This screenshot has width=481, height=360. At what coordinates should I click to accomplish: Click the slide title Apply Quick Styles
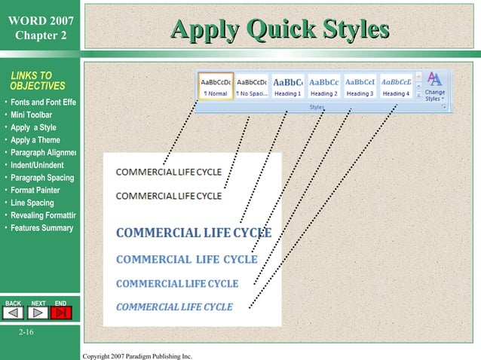pyautogui.click(x=280, y=30)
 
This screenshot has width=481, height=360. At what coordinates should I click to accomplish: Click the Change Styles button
pyautogui.click(x=435, y=87)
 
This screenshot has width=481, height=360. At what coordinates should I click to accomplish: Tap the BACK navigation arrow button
pyautogui.click(x=14, y=313)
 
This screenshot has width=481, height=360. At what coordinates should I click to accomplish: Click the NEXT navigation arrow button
pyautogui.click(x=38, y=313)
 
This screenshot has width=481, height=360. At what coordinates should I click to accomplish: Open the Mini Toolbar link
pyautogui.click(x=31, y=114)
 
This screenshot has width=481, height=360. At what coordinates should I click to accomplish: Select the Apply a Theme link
pyautogui.click(x=35, y=140)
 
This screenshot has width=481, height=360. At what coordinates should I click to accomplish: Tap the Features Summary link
pyautogui.click(x=41, y=228)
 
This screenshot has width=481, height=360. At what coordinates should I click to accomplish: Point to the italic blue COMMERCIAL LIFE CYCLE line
pyautogui.click(x=174, y=307)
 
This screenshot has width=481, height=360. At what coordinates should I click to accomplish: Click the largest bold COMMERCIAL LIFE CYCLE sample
pyautogui.click(x=194, y=232)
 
